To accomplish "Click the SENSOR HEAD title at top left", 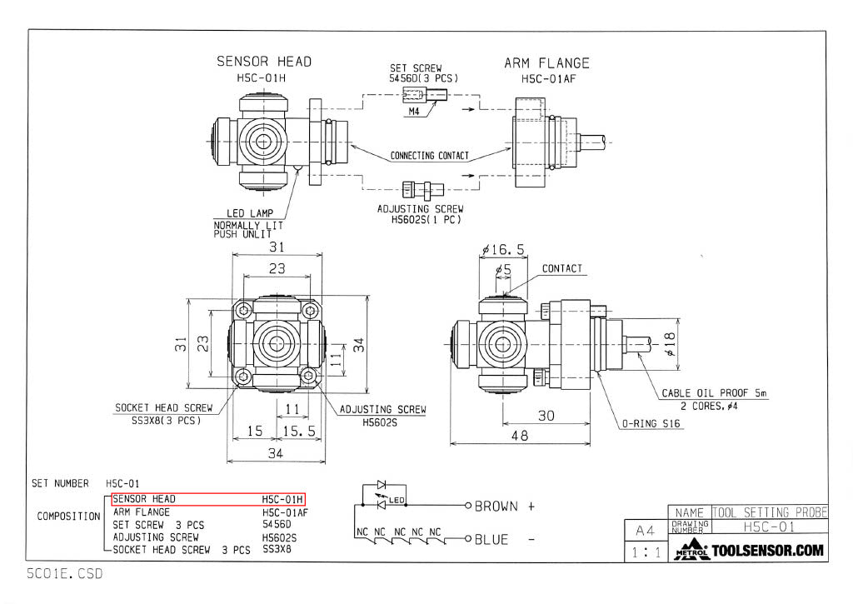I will click(264, 61).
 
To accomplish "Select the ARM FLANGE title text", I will click(546, 62).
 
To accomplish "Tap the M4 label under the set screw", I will click(414, 112).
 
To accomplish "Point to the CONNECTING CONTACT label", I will click(429, 156).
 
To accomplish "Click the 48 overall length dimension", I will click(519, 435).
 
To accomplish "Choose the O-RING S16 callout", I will click(651, 423).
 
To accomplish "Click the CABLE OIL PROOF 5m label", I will click(714, 393).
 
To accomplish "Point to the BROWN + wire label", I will click(504, 506).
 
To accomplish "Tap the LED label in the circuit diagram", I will click(396, 501).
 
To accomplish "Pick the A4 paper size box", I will click(645, 529).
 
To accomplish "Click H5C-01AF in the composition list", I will click(285, 512).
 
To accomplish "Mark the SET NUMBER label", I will click(60, 483).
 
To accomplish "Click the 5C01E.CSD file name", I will click(64, 574).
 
